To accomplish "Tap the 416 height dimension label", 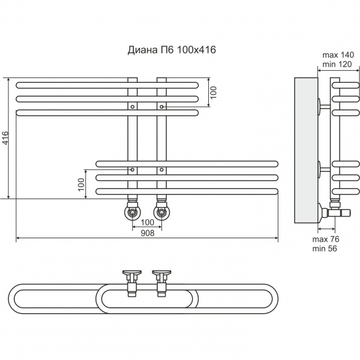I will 6,139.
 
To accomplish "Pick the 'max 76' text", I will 326,239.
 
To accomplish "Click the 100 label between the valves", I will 146,223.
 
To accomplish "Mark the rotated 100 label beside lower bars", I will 82,184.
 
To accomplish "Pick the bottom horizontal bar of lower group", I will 186,192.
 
